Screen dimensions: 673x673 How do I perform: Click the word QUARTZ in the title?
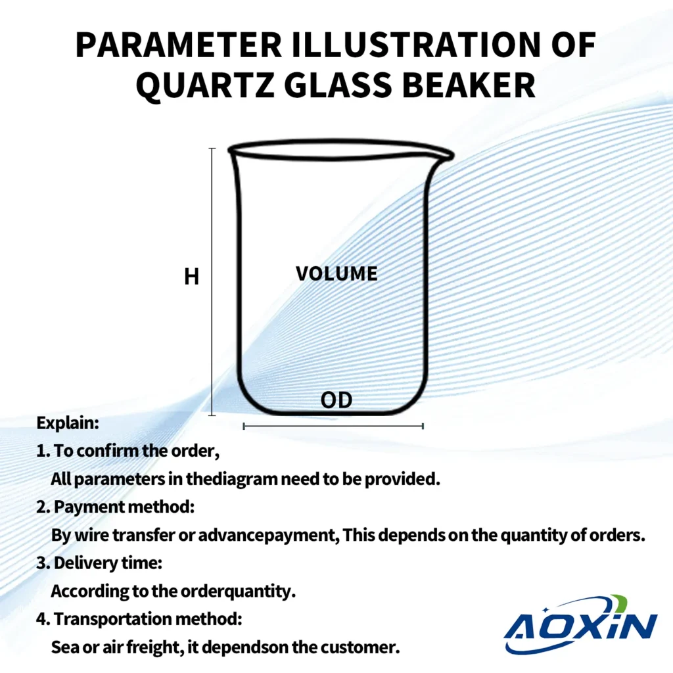coord(205,85)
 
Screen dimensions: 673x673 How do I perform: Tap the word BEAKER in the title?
coord(469,85)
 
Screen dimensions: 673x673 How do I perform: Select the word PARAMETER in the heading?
coord(179,45)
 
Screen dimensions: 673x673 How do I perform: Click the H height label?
coord(191,277)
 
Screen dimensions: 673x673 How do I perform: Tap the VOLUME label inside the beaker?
coord(336,274)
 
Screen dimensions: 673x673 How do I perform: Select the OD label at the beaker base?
coord(336,400)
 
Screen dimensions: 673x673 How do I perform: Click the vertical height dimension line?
coord(212,281)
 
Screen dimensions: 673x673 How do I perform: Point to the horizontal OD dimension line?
coord(333,426)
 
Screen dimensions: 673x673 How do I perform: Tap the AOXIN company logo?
coord(581,624)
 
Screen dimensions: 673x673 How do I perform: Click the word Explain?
coord(68,423)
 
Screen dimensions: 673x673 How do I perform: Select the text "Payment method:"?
coord(124,507)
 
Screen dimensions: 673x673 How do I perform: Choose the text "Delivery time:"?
coord(108,563)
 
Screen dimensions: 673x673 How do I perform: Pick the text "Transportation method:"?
coord(148,619)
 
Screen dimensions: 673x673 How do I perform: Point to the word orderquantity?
coord(238,592)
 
